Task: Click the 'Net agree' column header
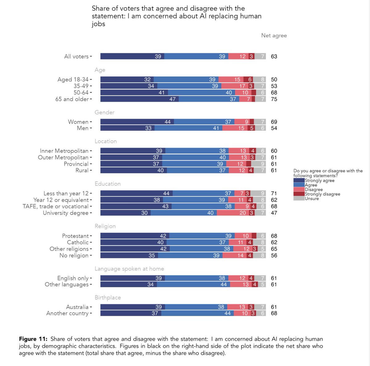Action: click(274, 35)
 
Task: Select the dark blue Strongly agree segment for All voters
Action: click(132, 56)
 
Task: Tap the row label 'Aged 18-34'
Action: click(73, 79)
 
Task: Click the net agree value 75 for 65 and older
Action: click(274, 99)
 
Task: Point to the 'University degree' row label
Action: click(66, 213)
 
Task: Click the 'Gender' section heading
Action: click(105, 112)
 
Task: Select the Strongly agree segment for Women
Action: click(137, 122)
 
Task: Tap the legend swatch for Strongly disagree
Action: click(299, 194)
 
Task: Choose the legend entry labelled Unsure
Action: click(312, 199)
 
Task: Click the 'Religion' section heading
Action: click(105, 226)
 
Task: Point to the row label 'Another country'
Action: click(67, 313)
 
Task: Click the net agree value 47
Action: click(274, 213)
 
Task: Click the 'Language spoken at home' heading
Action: click(129, 269)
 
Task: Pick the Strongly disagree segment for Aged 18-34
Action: click(248, 79)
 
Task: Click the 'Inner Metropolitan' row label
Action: click(64, 151)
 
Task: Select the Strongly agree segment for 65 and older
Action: click(140, 99)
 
